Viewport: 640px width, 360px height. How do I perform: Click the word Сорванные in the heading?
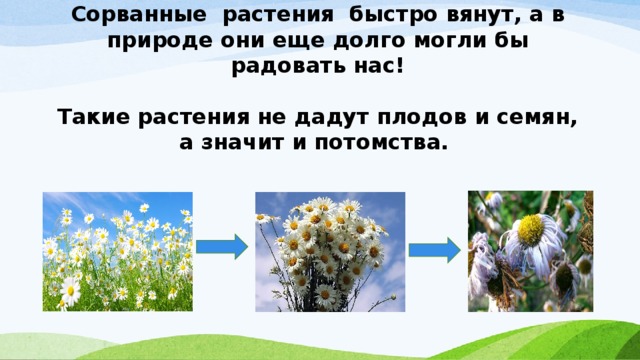point(131,15)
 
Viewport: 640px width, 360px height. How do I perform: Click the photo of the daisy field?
point(117,250)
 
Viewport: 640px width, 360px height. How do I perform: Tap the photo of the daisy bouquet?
point(330,251)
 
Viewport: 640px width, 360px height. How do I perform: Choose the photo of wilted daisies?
point(530,251)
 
